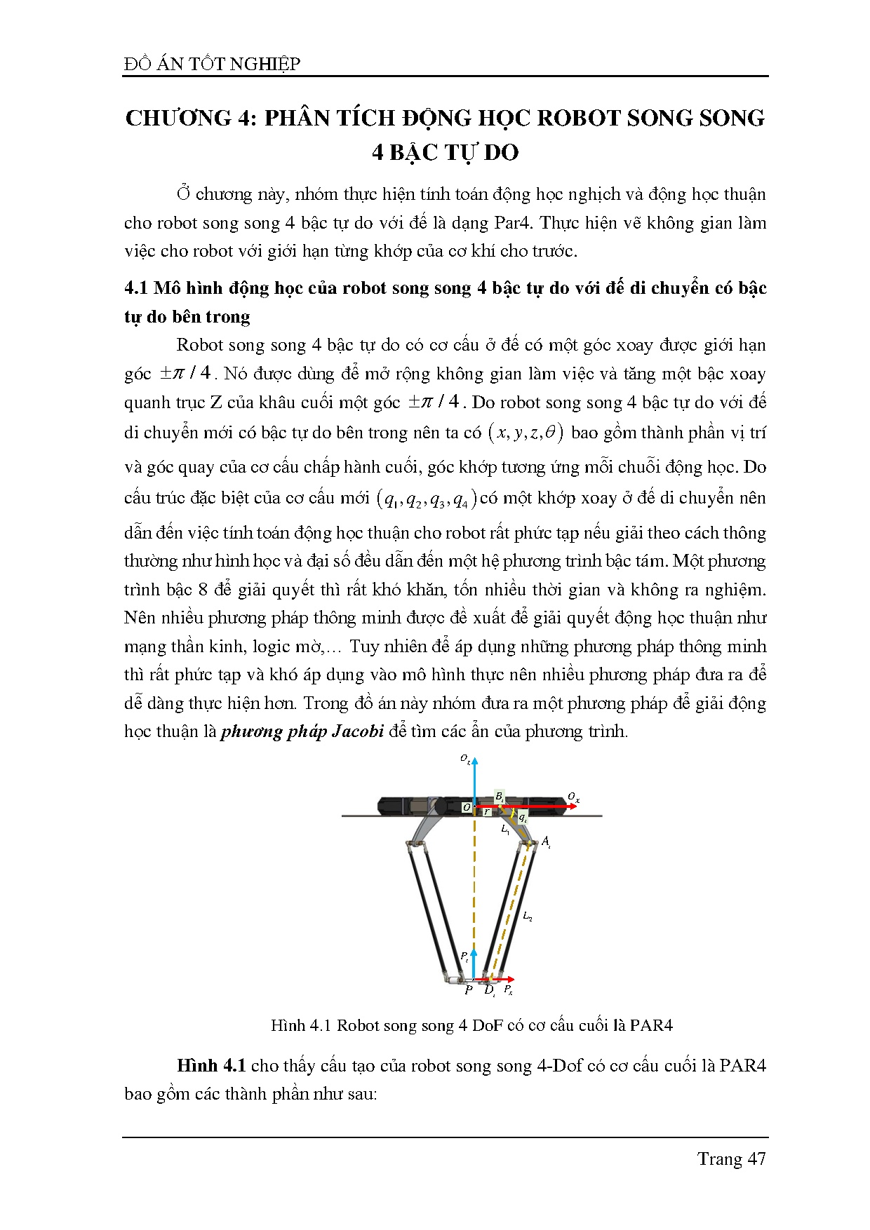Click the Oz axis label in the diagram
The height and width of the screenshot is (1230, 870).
tap(465, 759)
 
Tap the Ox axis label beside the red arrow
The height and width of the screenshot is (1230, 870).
tap(573, 797)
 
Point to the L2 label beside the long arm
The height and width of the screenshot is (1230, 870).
tap(528, 917)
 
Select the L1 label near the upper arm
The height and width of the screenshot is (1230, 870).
tap(505, 829)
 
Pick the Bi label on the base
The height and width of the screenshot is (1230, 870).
tap(500, 797)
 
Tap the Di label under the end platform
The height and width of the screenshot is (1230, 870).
tap(490, 991)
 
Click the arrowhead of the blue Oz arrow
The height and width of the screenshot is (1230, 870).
tap(475, 762)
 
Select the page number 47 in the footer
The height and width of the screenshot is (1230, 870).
tap(756, 1158)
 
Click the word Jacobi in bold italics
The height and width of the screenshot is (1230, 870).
tap(357, 731)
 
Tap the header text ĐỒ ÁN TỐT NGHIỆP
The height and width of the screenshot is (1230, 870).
tap(212, 65)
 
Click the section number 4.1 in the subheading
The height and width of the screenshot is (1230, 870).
tap(136, 288)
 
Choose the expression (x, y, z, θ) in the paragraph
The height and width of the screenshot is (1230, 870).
tap(526, 433)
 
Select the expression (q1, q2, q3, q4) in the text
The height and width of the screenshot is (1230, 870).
tap(427, 499)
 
